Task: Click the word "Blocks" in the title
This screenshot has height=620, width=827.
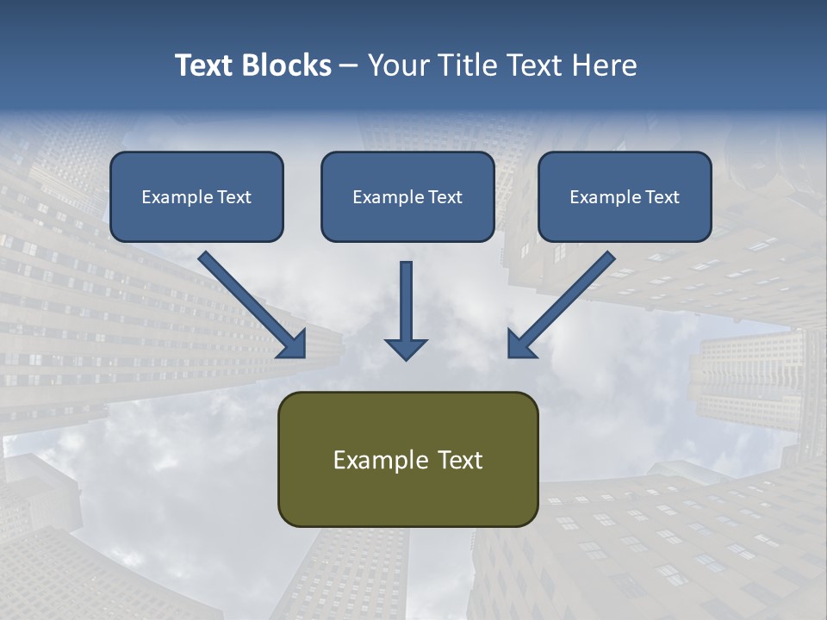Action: pos(288,65)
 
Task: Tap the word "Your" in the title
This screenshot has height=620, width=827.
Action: pos(397,65)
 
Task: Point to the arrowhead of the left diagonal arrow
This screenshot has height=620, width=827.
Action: pos(293,344)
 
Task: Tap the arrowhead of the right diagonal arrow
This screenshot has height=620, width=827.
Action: pos(520,344)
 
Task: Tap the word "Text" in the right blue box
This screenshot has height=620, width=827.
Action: pos(662,197)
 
